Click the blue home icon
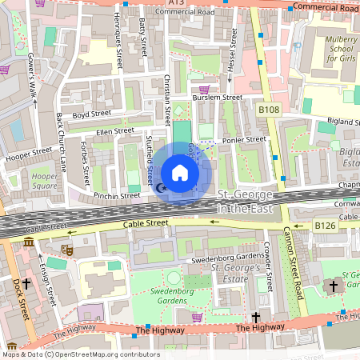coord(180,172)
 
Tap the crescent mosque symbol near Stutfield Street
coord(162,188)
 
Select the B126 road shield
coord(324,226)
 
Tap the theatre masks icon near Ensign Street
coord(69,250)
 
